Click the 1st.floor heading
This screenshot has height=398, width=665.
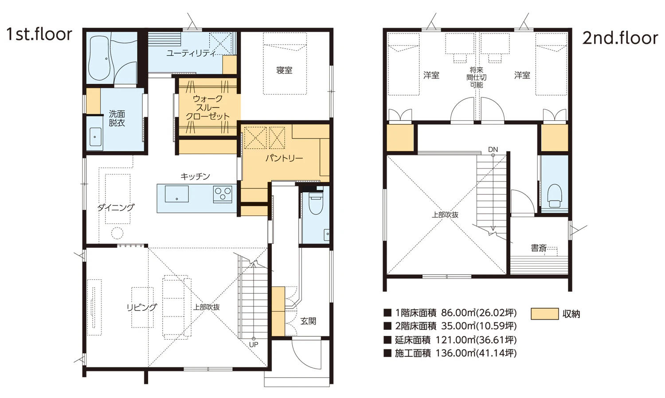pos(39,34)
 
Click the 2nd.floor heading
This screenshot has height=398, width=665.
pos(620,38)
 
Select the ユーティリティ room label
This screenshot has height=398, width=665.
pos(191,53)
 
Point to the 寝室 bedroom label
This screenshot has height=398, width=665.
pos(284,70)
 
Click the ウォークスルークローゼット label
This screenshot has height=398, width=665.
pos(207,107)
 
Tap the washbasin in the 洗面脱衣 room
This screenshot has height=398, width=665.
pos(95,137)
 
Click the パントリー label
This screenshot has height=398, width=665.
pos(284,158)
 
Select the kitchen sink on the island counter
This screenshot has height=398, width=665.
pos(176,194)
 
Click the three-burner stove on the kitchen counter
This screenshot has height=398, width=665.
pos(223,194)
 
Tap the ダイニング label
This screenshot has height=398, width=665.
pos(116,208)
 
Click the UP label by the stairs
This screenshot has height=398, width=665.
pos(254,345)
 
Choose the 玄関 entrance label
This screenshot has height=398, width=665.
pos(308,321)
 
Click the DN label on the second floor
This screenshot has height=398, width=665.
pos(493,150)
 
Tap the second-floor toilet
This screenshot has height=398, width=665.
pos(554,196)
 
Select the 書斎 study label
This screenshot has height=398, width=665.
pos(539,248)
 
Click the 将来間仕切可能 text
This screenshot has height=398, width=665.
pos(477,77)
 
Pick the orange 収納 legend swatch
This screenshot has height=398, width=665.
pos(545,314)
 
